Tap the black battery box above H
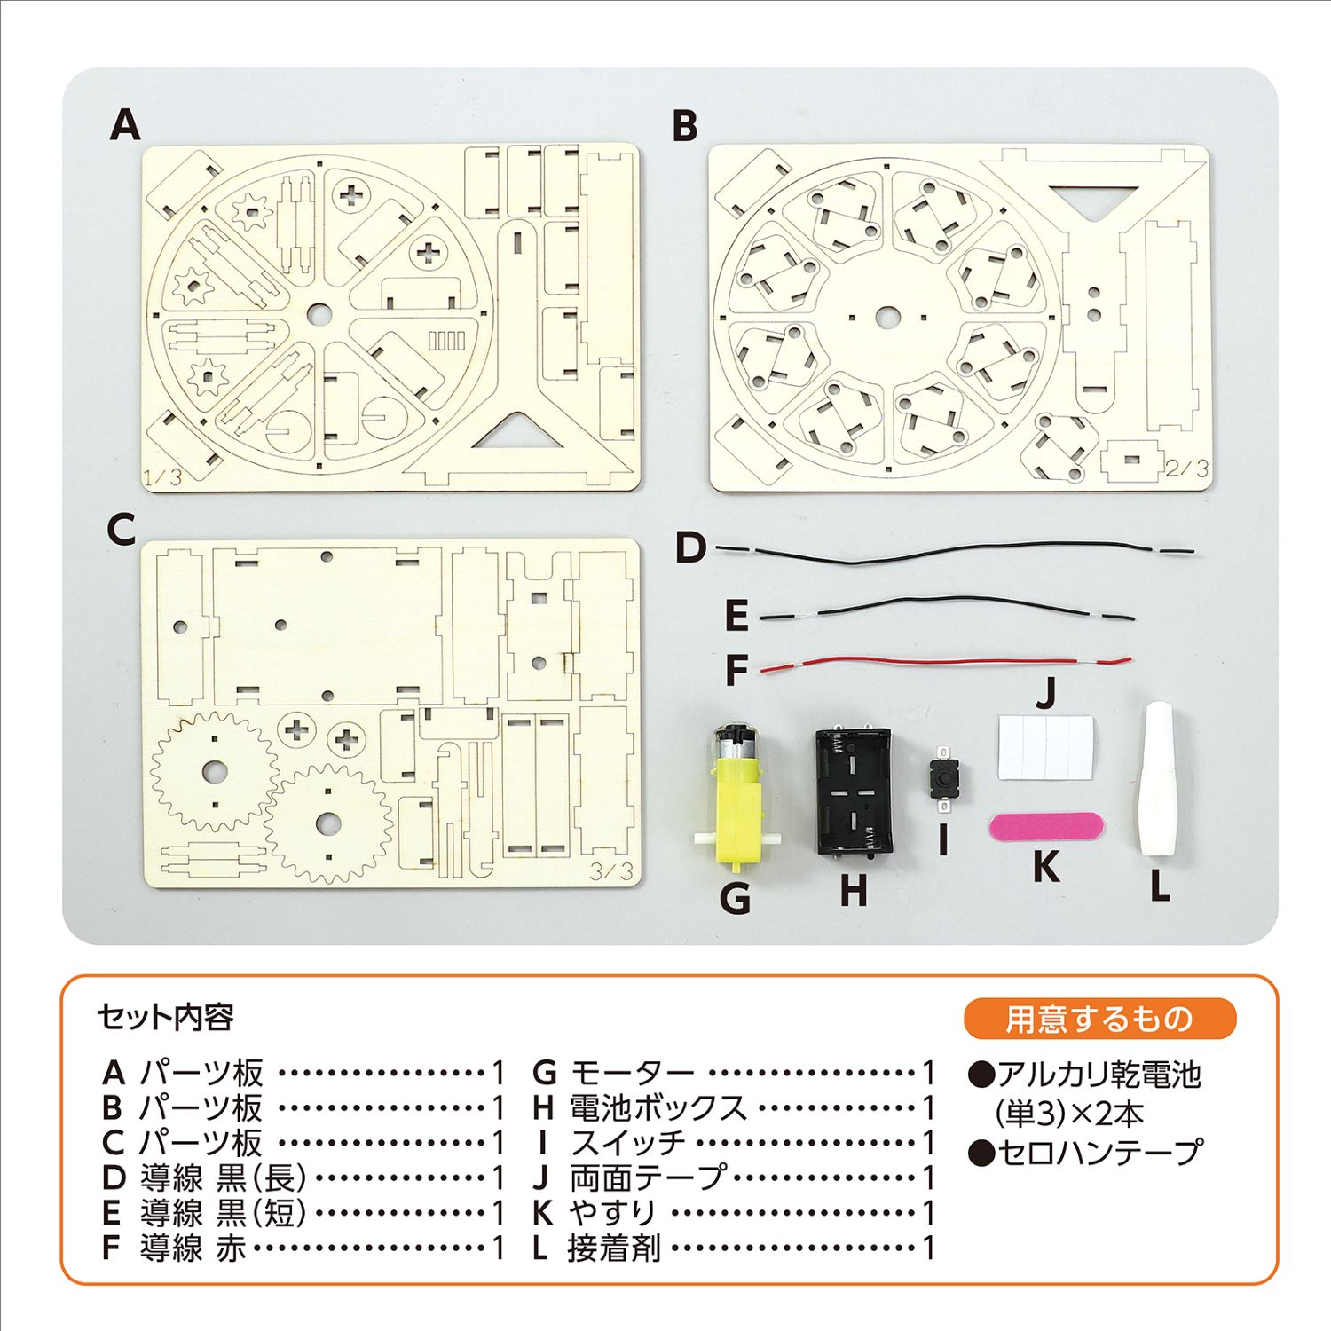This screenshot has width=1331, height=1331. tap(853, 792)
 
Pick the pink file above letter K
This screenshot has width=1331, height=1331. tap(1045, 827)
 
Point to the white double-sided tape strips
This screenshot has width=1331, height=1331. tap(1045, 747)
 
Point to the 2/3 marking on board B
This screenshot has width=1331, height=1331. tap(1186, 468)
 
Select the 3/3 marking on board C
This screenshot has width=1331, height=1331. tap(612, 871)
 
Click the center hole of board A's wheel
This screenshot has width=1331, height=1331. tap(319, 313)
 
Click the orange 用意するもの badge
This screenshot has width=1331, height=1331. tap(1099, 1019)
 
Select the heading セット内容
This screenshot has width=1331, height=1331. tap(166, 1017)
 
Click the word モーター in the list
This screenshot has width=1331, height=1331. tap(632, 1073)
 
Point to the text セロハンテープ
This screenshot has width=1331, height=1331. tap(1099, 1153)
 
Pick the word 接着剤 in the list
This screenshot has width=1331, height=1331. tap(614, 1248)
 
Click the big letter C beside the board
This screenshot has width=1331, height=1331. tap(121, 530)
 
